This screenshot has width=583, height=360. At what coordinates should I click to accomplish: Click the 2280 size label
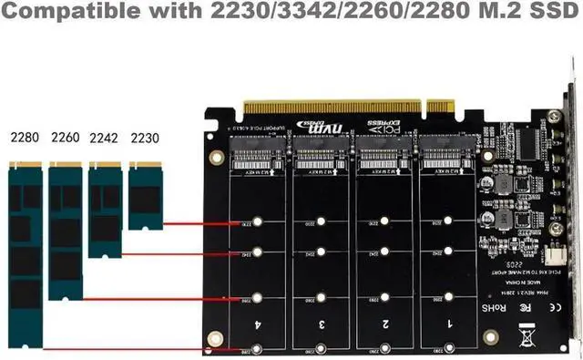coord(25,139)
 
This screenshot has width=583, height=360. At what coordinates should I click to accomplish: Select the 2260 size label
coord(66,139)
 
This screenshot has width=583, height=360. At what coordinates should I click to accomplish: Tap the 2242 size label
coord(105,139)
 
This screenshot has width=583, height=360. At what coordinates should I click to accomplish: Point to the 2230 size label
coord(145,139)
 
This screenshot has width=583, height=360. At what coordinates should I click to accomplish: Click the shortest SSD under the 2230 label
coord(146,195)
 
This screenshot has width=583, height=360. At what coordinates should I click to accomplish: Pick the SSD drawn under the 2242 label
coord(105,209)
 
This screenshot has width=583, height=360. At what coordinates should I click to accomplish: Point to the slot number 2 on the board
coord(386,324)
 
